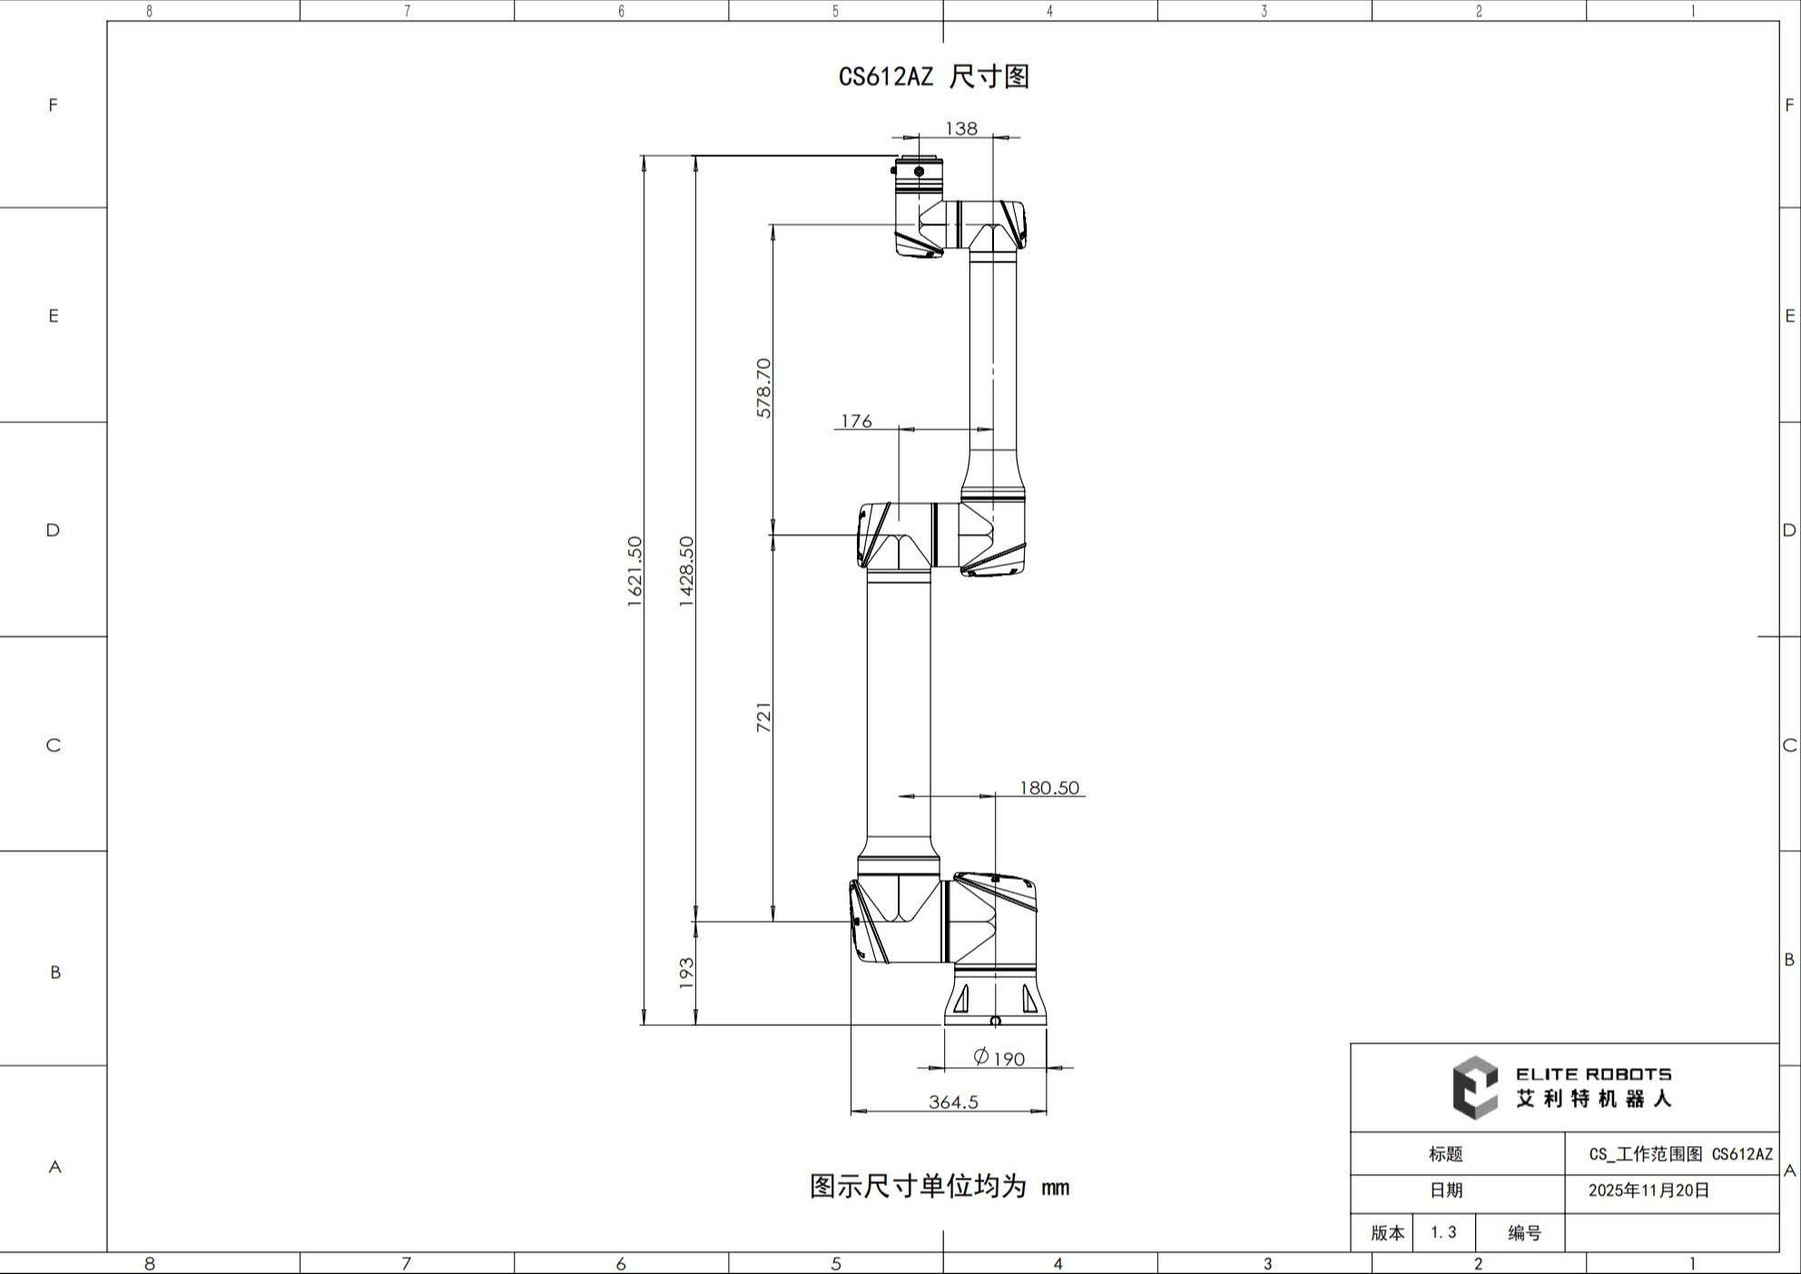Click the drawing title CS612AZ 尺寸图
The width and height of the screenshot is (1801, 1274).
point(934,76)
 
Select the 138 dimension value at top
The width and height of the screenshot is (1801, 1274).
point(961,128)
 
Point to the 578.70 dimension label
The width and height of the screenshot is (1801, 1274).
point(763,388)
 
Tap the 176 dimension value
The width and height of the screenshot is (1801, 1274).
point(856,420)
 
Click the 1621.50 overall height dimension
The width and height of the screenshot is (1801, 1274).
point(635,571)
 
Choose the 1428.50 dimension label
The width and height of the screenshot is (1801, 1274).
point(686,571)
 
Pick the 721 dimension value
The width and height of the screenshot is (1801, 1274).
point(763,716)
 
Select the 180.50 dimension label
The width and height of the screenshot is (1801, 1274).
point(1049,787)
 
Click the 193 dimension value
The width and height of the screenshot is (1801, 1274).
point(686,973)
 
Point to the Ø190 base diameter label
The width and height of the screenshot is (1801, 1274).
point(999,1058)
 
